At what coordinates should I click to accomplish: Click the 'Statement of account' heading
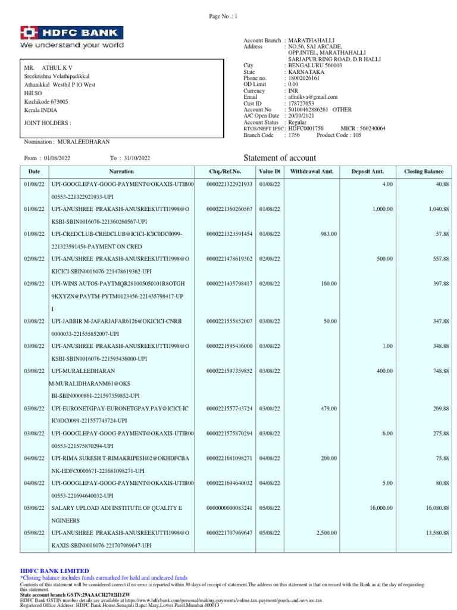pos(280,158)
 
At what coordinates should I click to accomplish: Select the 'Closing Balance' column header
pos(424,172)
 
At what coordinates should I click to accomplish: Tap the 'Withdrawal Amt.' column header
pos(312,172)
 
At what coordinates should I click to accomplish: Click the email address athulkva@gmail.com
pos(312,97)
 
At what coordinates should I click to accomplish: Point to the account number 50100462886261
pos(308,110)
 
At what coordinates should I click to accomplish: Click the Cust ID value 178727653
pos(301,103)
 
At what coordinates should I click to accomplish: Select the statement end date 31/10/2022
pos(137,158)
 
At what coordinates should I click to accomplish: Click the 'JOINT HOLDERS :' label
pos(47,123)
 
